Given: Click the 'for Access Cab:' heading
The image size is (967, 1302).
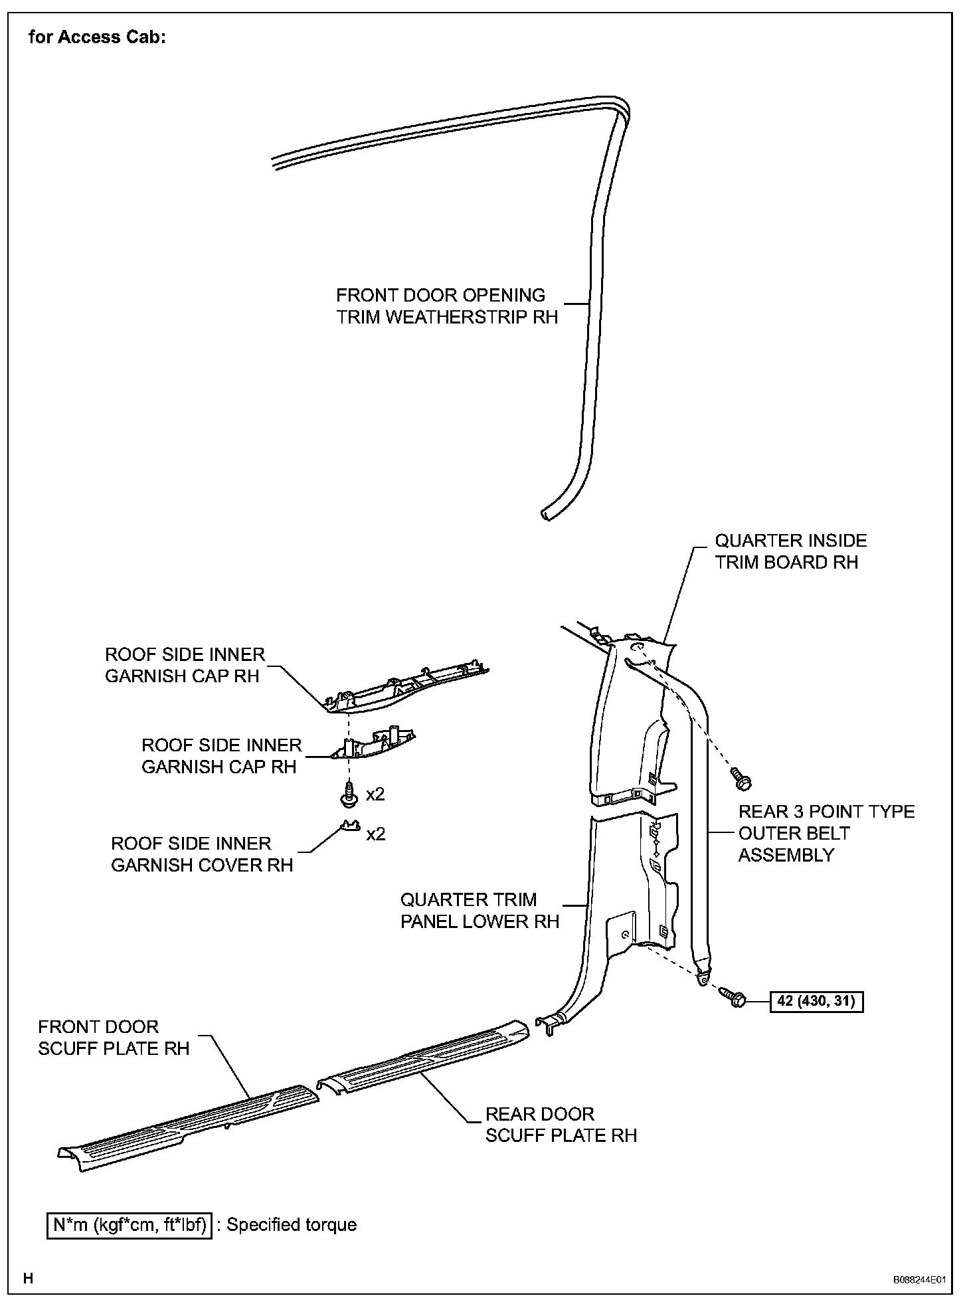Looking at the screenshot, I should click(x=97, y=37).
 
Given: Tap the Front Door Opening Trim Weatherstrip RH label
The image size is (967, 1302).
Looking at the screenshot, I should click(x=446, y=306).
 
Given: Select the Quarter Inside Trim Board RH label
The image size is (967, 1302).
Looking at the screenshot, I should click(x=790, y=551).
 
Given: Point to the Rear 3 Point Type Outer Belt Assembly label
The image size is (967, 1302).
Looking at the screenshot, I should click(x=826, y=833).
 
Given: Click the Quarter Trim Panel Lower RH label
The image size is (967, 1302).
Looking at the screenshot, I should click(x=480, y=911).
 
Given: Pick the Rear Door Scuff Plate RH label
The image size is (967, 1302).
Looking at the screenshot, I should click(x=561, y=1125).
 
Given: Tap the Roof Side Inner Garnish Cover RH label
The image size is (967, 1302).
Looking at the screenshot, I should click(x=201, y=854).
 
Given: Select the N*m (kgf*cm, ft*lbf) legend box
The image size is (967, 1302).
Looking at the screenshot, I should click(x=130, y=1225).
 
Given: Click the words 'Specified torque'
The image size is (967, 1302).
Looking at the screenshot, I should click(x=292, y=1225).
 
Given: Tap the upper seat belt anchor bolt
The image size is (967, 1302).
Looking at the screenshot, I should click(x=741, y=779).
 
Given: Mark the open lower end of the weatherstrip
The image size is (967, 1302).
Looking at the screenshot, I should click(x=545, y=514).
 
